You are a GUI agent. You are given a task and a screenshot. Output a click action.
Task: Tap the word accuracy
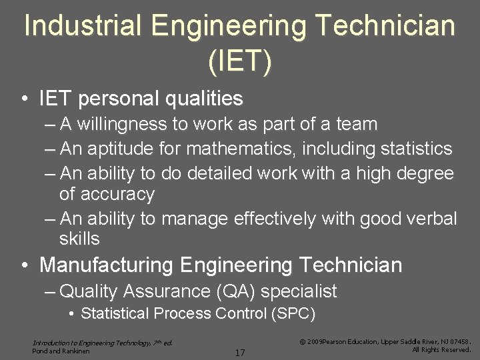tap(117, 195)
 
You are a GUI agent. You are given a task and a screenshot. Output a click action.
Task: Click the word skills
tap(79, 238)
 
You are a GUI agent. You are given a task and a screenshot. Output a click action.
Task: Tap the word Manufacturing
tap(107, 265)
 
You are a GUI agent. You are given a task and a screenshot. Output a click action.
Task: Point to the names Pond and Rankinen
tap(62, 350)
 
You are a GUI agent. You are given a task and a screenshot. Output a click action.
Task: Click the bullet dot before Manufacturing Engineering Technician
tap(24, 265)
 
